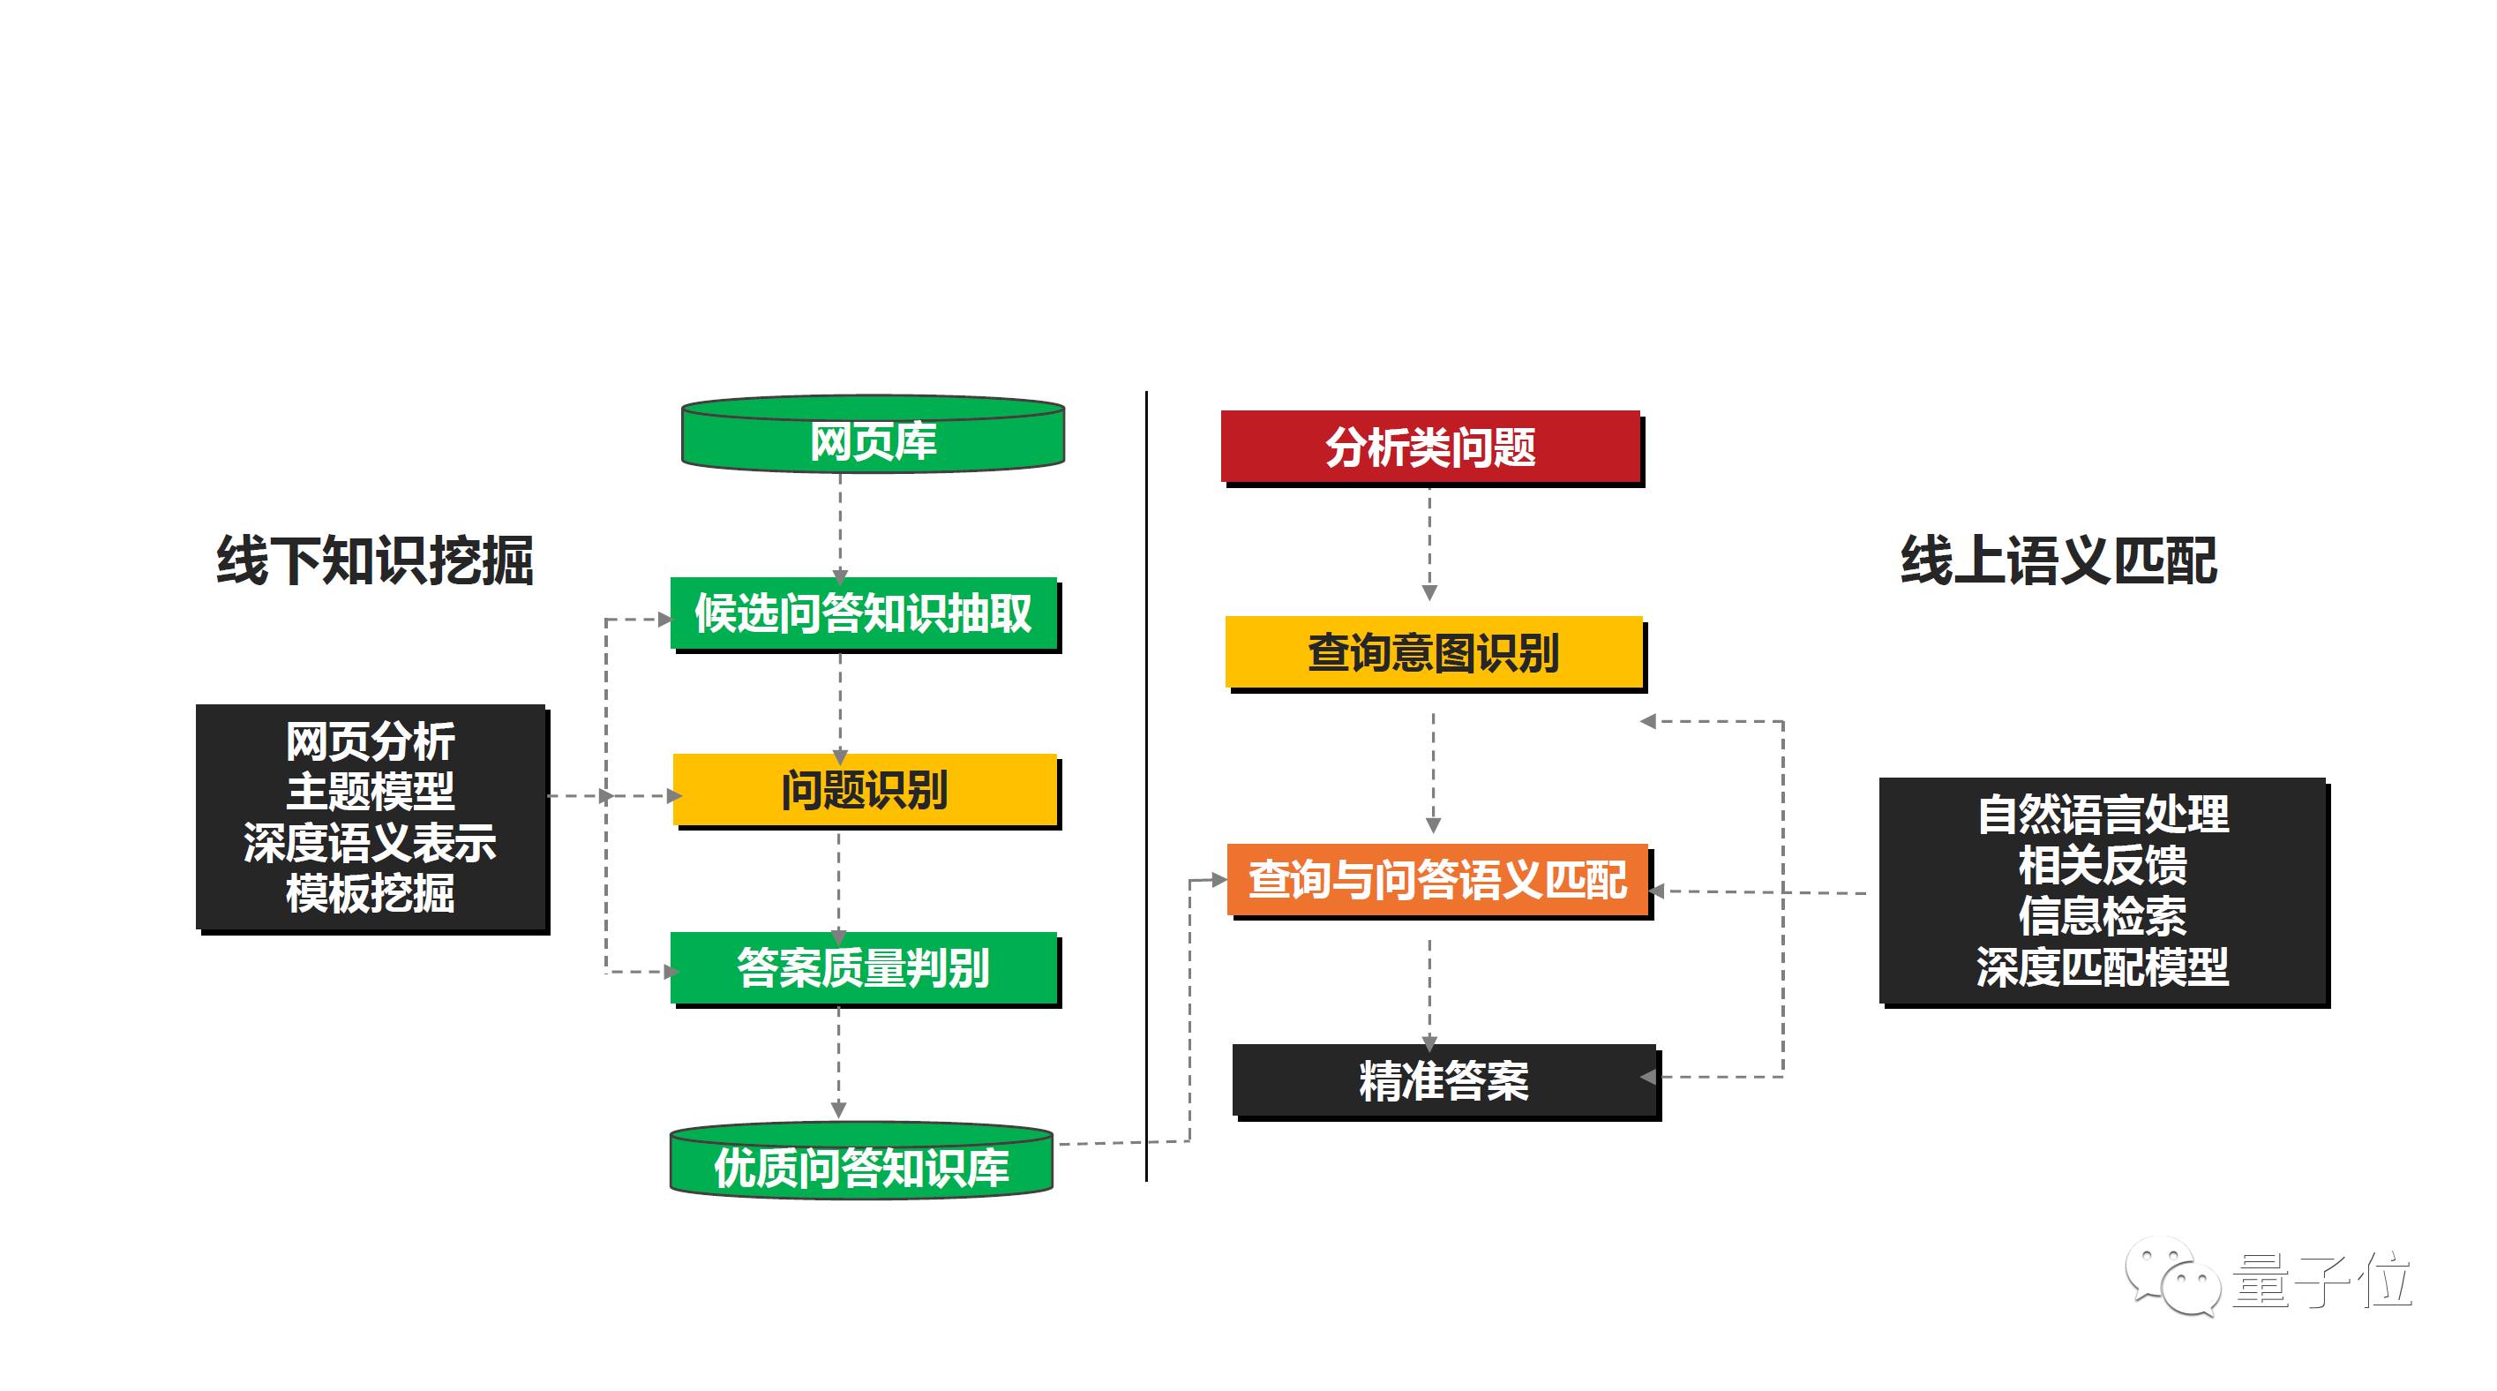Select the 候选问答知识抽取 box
pyautogui.click(x=864, y=613)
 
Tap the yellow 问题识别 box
pyautogui.click(x=865, y=790)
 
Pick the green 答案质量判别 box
pyautogui.click(x=864, y=967)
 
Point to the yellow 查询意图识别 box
pyautogui.click(x=1434, y=652)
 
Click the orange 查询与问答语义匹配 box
pyautogui.click(x=1438, y=879)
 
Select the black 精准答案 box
pyautogui.click(x=1444, y=1079)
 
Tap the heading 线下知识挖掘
pyautogui.click(x=374, y=560)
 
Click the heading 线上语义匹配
pyautogui.click(x=2058, y=560)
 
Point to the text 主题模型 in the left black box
pyautogui.click(x=371, y=792)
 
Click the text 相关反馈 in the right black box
pyautogui.click(x=2103, y=865)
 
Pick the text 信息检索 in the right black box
pyautogui.click(x=2103, y=915)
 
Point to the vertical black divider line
pyautogui.click(x=1146, y=786)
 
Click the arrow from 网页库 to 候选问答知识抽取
pyautogui.click(x=839, y=529)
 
